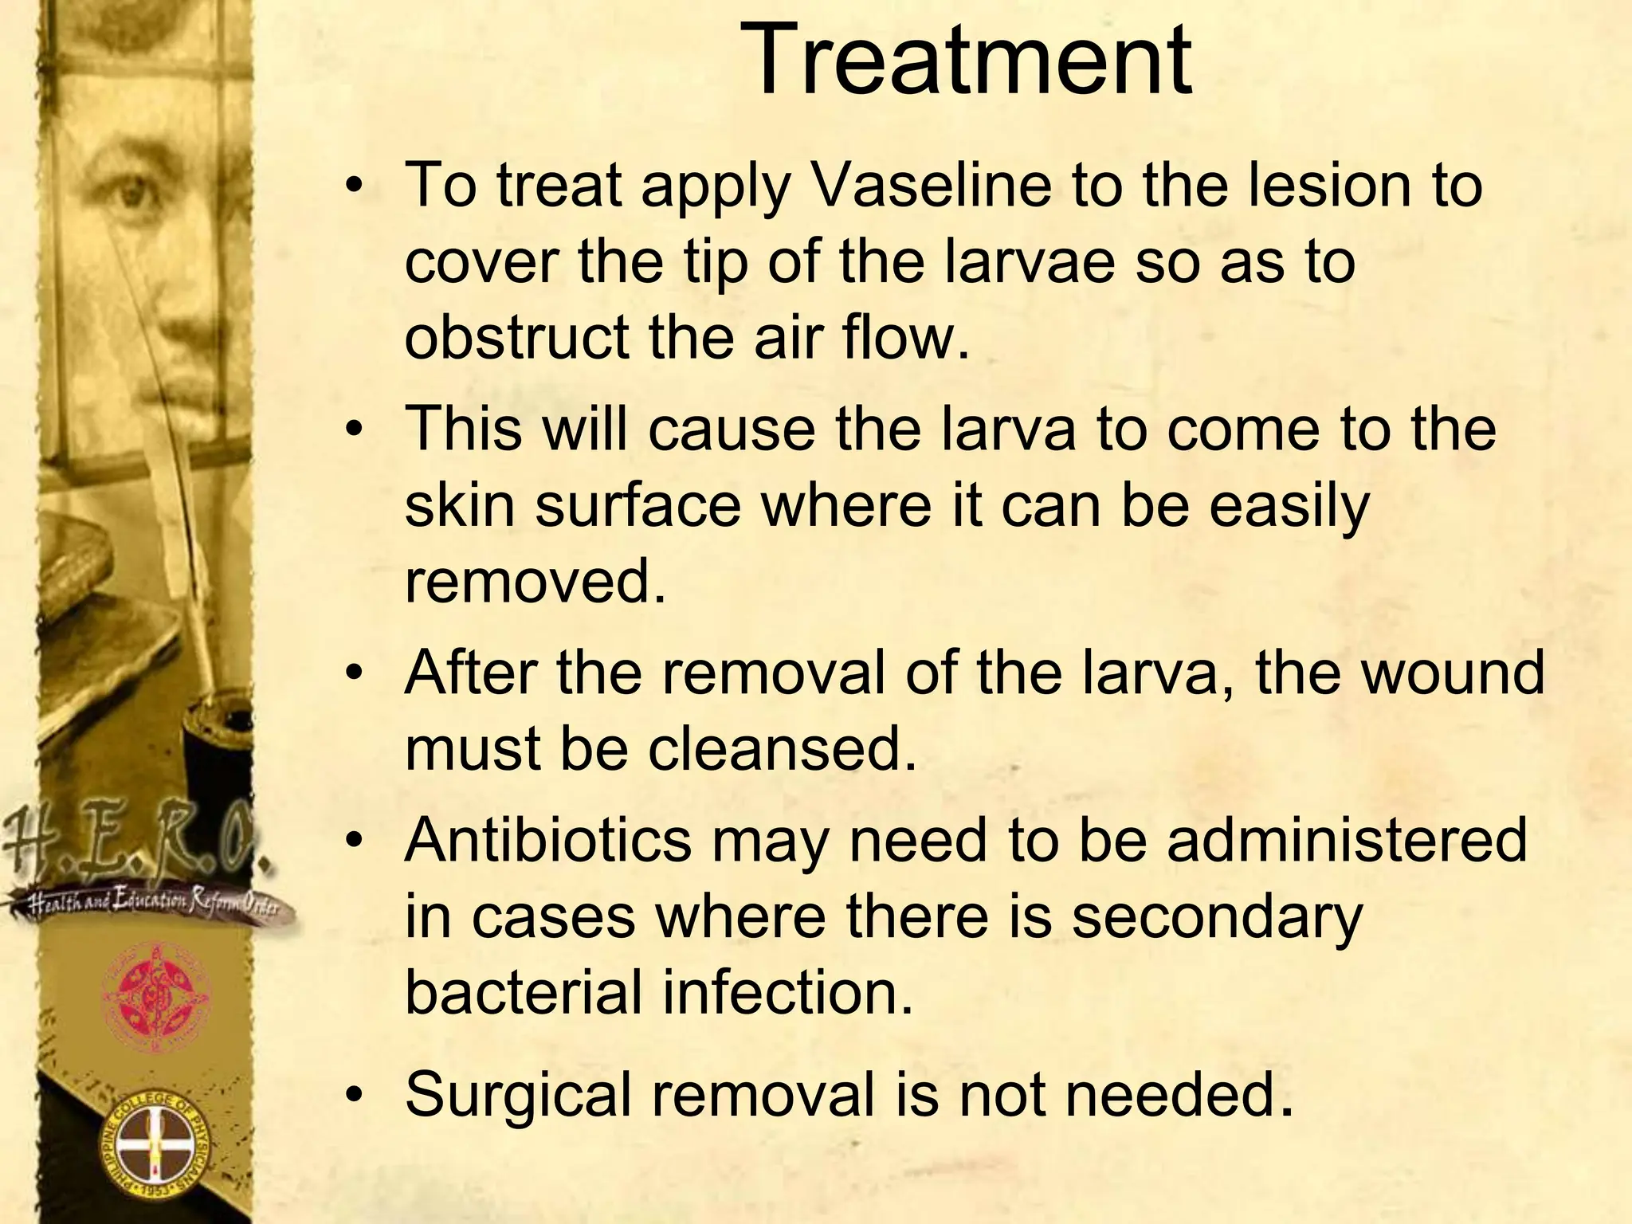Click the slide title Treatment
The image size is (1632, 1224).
pos(966,62)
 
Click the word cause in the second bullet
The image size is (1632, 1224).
pos(732,429)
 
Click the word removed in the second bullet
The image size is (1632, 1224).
pos(535,582)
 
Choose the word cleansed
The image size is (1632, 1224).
pos(782,749)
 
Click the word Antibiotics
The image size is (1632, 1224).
pos(548,840)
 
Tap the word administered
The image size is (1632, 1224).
pos(1348,840)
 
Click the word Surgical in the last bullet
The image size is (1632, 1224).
pos(517,1095)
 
